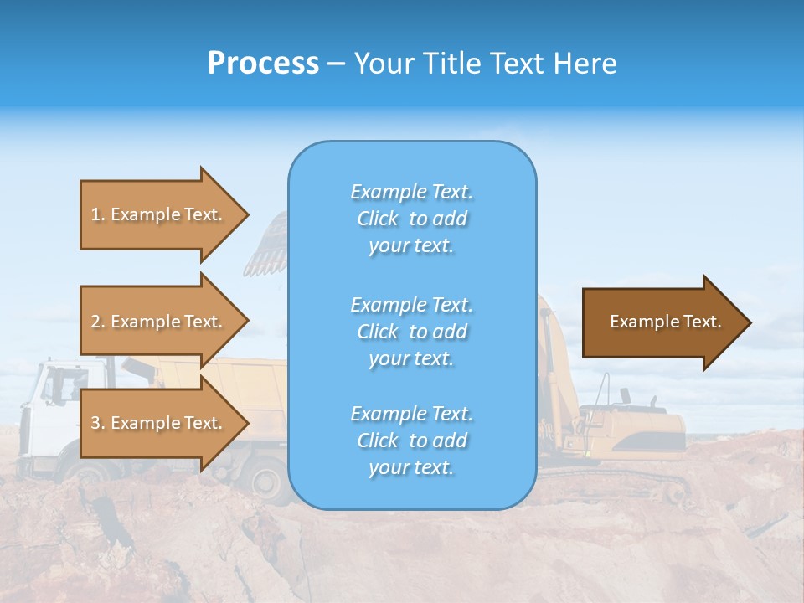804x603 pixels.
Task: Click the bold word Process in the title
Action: click(x=263, y=64)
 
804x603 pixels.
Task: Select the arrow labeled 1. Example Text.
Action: click(x=159, y=214)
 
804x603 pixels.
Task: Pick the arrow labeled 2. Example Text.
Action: click(x=159, y=322)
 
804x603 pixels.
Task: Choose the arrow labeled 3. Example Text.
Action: click(x=159, y=423)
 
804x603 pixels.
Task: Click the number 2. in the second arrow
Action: click(x=97, y=322)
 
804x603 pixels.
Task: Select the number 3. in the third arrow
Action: click(x=97, y=423)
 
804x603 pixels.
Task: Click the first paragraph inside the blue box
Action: click(x=411, y=219)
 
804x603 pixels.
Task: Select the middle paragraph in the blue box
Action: click(x=411, y=332)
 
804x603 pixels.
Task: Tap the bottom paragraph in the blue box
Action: click(x=411, y=441)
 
